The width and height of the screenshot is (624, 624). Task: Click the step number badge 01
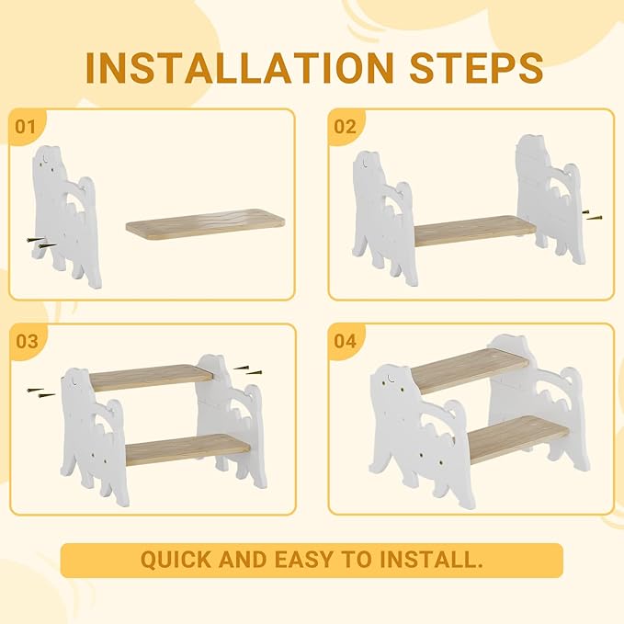pyautogui.click(x=26, y=126)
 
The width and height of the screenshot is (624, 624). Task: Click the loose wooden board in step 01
pyautogui.click(x=207, y=225)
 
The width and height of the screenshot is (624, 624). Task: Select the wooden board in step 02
pyautogui.click(x=473, y=230)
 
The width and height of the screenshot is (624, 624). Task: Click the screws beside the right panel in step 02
pyautogui.click(x=592, y=215)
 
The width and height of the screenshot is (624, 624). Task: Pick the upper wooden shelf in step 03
pyautogui.click(x=152, y=377)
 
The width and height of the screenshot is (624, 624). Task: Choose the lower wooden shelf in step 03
pyautogui.click(x=188, y=448)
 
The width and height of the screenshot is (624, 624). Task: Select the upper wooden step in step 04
pyautogui.click(x=469, y=370)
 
